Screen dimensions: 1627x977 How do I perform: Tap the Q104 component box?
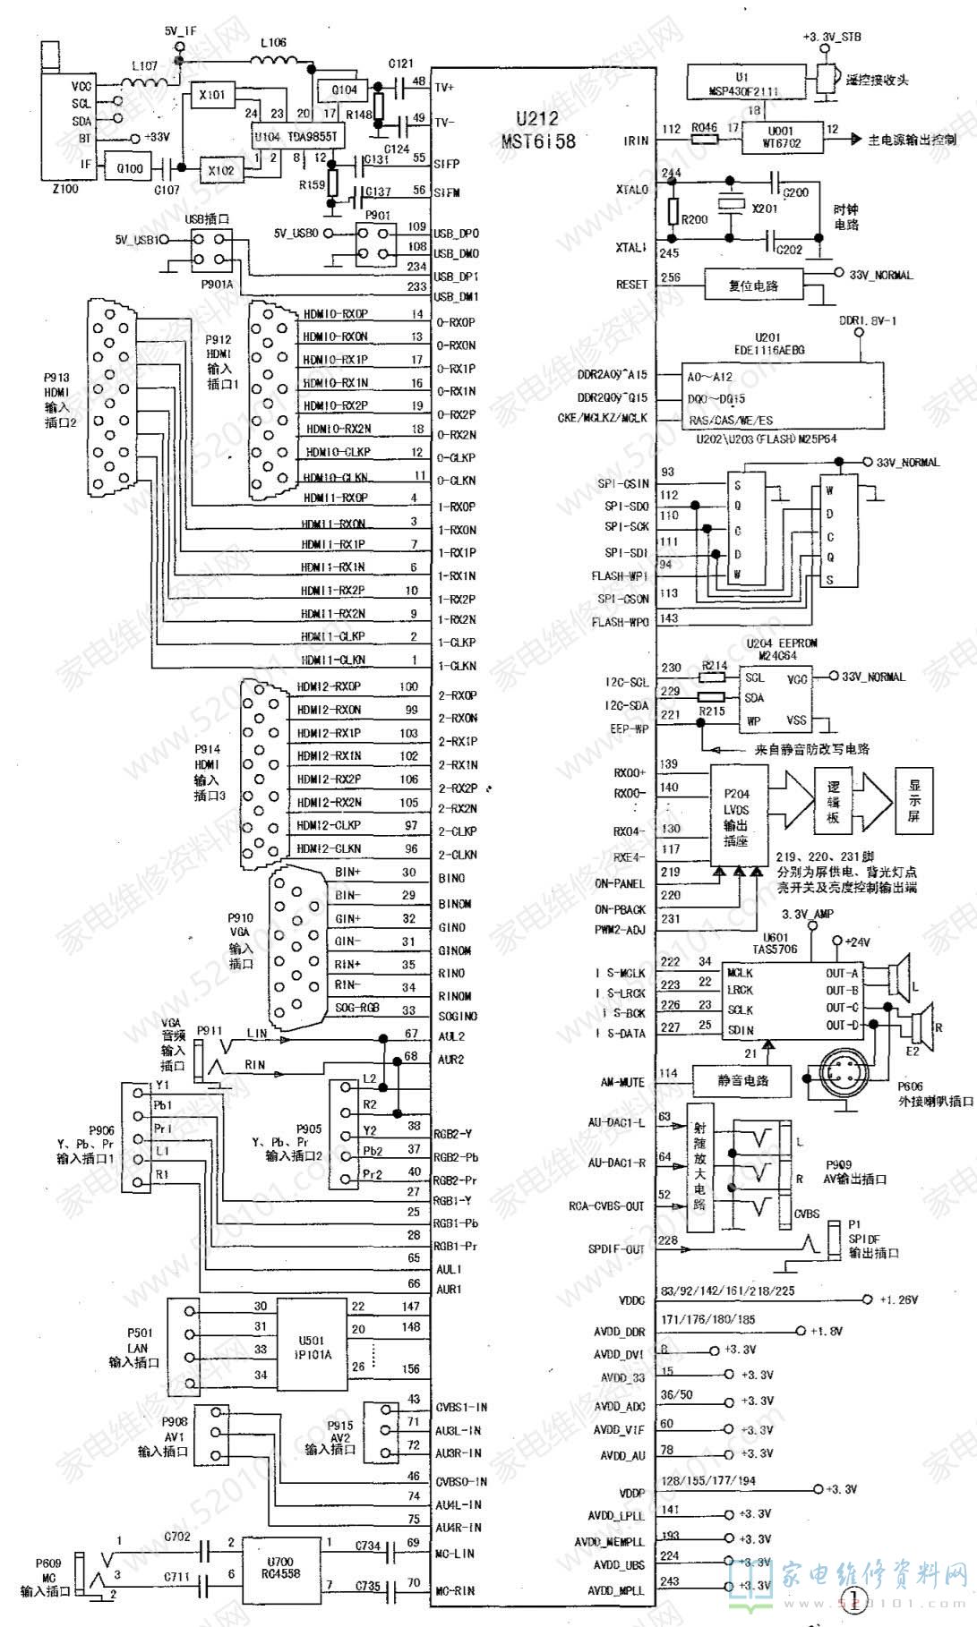pos(344,89)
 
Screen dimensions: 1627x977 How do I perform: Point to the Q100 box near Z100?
pos(130,167)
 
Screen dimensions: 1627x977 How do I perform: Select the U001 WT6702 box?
pos(781,137)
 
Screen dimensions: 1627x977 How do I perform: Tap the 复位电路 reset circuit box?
pos(753,285)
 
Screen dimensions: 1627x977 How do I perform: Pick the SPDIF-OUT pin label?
pos(616,1248)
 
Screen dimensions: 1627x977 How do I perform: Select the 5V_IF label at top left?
pos(180,30)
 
